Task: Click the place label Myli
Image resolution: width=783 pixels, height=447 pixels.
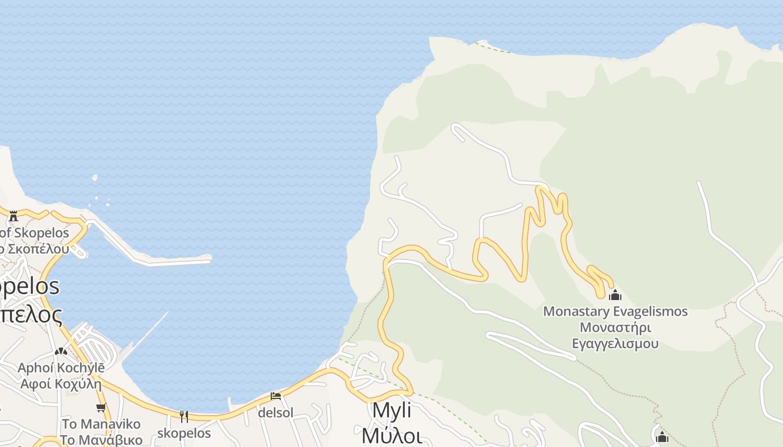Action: click(x=391, y=411)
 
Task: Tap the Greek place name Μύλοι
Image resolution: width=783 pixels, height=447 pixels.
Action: click(x=391, y=434)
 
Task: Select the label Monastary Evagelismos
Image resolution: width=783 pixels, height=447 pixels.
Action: click(x=615, y=311)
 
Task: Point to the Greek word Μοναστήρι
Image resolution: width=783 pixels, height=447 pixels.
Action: click(x=615, y=327)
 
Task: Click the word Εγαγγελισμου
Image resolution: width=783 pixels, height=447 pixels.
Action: click(x=615, y=343)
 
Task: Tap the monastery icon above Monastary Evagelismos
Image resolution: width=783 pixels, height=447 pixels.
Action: click(x=615, y=295)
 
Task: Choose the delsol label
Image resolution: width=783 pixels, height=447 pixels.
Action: click(x=275, y=413)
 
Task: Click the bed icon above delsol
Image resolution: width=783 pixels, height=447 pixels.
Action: click(x=275, y=396)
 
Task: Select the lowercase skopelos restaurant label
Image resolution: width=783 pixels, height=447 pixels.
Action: click(x=184, y=433)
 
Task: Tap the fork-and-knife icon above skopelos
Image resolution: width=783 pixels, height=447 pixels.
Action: click(x=184, y=416)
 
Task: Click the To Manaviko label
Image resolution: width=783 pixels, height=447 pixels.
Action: click(x=101, y=424)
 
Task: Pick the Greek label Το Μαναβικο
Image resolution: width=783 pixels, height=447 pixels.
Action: click(x=101, y=440)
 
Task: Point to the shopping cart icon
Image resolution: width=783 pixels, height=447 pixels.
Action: click(x=101, y=407)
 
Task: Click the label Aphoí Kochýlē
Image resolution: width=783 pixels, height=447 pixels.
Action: click(x=61, y=368)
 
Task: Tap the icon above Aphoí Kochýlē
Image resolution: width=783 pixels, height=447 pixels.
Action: click(x=61, y=351)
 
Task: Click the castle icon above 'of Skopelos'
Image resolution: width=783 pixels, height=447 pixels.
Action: click(x=13, y=216)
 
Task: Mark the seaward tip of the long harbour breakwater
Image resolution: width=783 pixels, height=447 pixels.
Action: click(x=209, y=258)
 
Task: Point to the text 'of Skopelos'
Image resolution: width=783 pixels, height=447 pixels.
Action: click(x=35, y=232)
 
